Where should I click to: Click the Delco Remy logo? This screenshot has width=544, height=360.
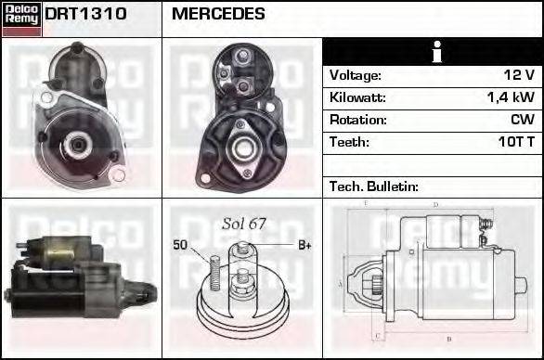[x=21, y=19]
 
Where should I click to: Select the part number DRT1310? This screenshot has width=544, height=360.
[x=85, y=14]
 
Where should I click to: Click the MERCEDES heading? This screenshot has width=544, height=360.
[x=218, y=14]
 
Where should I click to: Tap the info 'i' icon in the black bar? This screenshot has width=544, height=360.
[x=433, y=52]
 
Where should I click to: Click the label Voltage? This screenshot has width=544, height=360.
[x=355, y=75]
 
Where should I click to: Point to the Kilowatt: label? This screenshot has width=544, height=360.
[x=357, y=97]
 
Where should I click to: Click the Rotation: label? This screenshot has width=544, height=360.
[x=356, y=120]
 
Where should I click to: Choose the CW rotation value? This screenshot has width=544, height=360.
[x=523, y=120]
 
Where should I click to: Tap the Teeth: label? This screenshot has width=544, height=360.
[x=349, y=142]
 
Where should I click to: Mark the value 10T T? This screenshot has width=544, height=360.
[x=515, y=142]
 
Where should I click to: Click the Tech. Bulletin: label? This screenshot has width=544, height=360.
[x=374, y=186]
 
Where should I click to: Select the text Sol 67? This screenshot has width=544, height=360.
[x=244, y=224]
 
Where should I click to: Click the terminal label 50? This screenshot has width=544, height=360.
[x=180, y=245]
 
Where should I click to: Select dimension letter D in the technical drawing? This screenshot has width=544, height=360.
[x=434, y=204]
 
